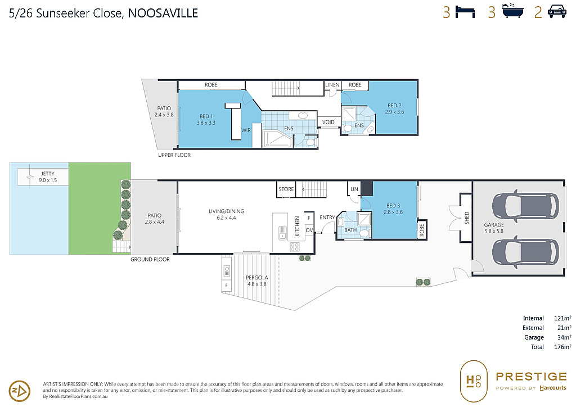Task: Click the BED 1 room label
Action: (206, 120)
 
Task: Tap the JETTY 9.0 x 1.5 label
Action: (48, 177)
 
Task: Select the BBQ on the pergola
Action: (227, 271)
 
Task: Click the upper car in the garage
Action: (525, 206)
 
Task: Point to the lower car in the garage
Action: (525, 252)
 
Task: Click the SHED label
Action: (466, 218)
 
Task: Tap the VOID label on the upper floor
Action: (328, 122)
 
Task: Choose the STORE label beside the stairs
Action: (286, 189)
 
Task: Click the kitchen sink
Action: (282, 232)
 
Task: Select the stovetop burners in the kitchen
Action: (295, 247)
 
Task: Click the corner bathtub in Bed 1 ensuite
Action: (278, 139)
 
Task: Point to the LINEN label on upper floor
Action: (332, 85)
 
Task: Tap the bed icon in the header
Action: (465, 12)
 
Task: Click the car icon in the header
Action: (557, 12)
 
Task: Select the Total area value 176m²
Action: (562, 347)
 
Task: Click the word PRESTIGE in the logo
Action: (531, 377)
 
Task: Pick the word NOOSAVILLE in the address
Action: (163, 13)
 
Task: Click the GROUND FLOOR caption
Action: (150, 260)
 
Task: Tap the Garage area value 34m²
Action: (564, 337)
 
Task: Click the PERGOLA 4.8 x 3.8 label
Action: (256, 281)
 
